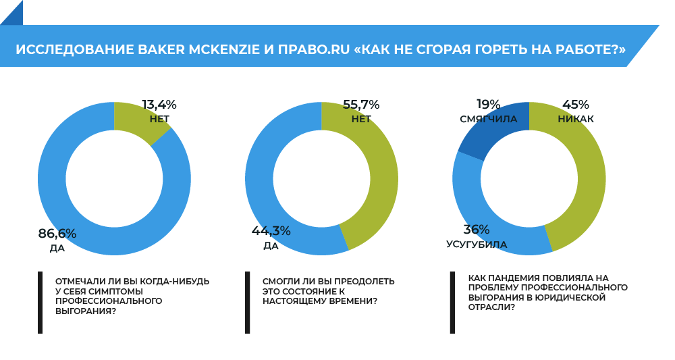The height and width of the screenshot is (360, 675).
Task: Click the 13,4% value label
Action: [x=159, y=105]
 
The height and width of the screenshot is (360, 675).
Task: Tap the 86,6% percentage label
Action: [x=57, y=234]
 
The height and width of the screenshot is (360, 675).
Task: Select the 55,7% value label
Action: [x=361, y=105]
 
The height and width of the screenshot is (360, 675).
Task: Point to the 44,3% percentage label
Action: [x=271, y=231]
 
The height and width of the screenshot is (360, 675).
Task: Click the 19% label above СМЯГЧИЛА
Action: [x=488, y=105]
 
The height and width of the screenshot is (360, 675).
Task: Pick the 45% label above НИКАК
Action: [x=576, y=105]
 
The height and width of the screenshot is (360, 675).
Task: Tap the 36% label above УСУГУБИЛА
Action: [x=477, y=230]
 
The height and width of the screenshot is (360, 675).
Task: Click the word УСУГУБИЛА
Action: [x=477, y=245]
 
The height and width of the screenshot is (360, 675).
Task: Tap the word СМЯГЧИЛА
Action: [x=489, y=120]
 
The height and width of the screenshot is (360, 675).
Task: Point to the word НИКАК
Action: [x=576, y=120]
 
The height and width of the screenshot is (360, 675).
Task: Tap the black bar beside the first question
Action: [x=40, y=302]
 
